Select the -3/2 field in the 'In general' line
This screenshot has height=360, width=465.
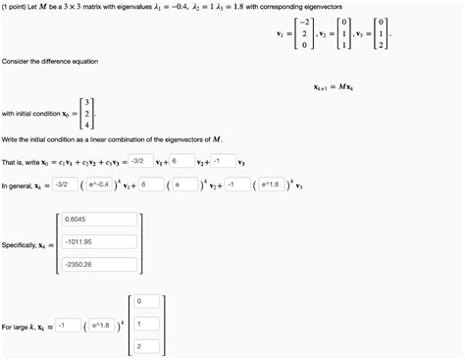62,183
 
